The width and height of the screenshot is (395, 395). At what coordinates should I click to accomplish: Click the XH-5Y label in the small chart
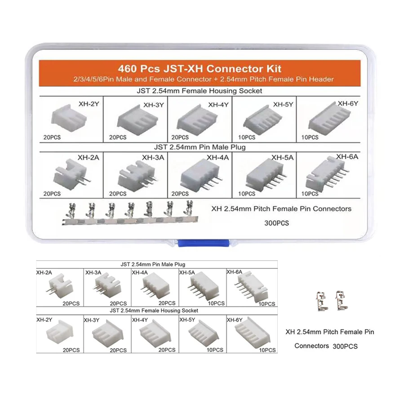tap(187, 320)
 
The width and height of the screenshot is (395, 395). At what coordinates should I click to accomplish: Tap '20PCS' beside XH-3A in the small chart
tap(118, 303)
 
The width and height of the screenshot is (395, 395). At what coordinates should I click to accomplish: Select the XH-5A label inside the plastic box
tap(282, 158)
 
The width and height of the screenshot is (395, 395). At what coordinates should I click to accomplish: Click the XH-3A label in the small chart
tap(93, 273)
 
